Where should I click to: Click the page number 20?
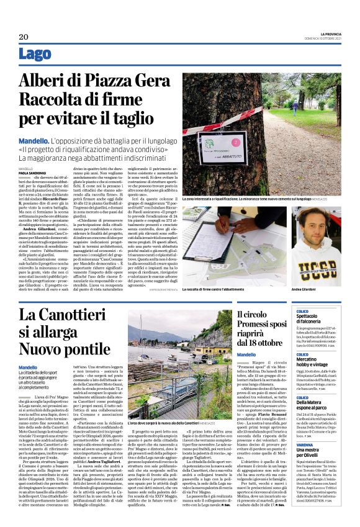point(24,37)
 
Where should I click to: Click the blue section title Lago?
point(35,55)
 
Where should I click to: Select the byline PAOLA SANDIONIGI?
point(32,173)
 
